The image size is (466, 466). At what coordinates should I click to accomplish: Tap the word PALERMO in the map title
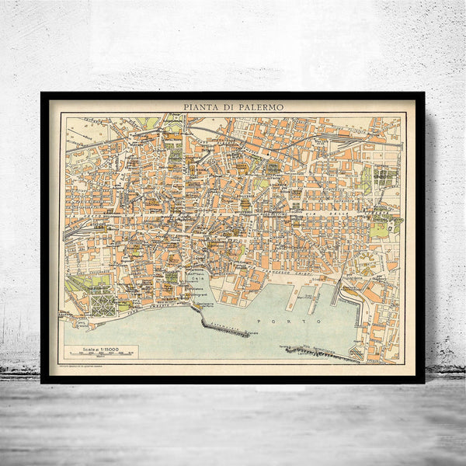pos(262,107)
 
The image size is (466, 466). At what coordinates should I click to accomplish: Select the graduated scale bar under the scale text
pos(101,356)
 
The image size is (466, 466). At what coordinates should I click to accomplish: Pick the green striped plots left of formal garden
pos(78,284)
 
